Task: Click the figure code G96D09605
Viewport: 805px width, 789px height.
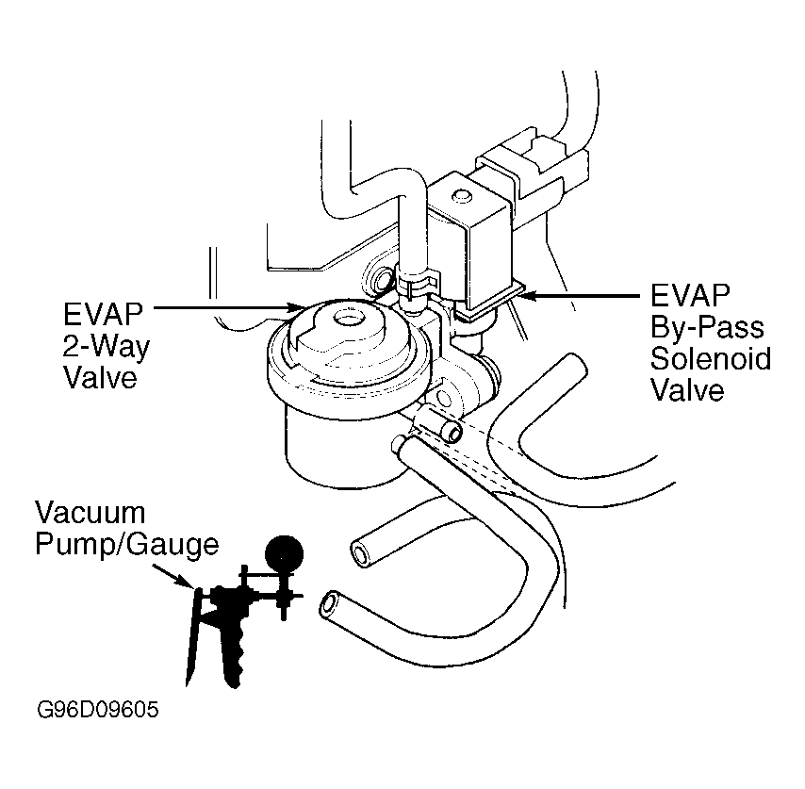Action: [x=98, y=710]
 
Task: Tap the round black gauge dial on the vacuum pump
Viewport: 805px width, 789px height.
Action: [x=284, y=554]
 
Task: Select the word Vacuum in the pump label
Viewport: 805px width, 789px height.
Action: [x=90, y=512]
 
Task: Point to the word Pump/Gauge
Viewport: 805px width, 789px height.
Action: [x=127, y=546]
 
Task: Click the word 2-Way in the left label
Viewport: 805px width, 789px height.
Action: [x=107, y=347]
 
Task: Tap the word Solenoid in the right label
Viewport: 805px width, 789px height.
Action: [x=711, y=358]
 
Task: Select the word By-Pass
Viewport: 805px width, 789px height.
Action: [x=707, y=327]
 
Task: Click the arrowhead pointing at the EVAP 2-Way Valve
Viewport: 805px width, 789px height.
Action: [x=298, y=307]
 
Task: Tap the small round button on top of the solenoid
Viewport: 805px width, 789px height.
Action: [x=461, y=195]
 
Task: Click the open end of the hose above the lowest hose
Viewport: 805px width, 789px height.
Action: [x=361, y=553]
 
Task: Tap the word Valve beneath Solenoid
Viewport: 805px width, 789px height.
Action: [x=687, y=389]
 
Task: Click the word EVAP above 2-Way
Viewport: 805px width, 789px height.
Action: [x=103, y=314]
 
